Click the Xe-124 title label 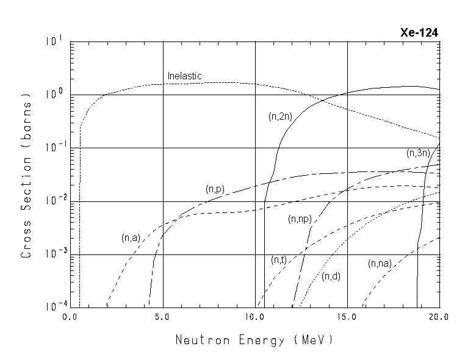click(x=419, y=33)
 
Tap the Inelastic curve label click(x=185, y=76)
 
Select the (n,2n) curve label click(x=279, y=116)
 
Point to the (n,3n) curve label click(x=417, y=153)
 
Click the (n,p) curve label click(x=215, y=190)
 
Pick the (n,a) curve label click(x=131, y=238)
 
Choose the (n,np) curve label click(x=300, y=218)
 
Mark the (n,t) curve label click(x=279, y=261)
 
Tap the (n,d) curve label click(x=331, y=276)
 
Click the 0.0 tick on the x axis click(x=71, y=318)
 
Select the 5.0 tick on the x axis click(x=163, y=318)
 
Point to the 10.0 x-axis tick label click(x=255, y=318)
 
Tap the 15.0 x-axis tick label click(x=347, y=318)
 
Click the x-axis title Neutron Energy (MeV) click(x=254, y=340)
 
